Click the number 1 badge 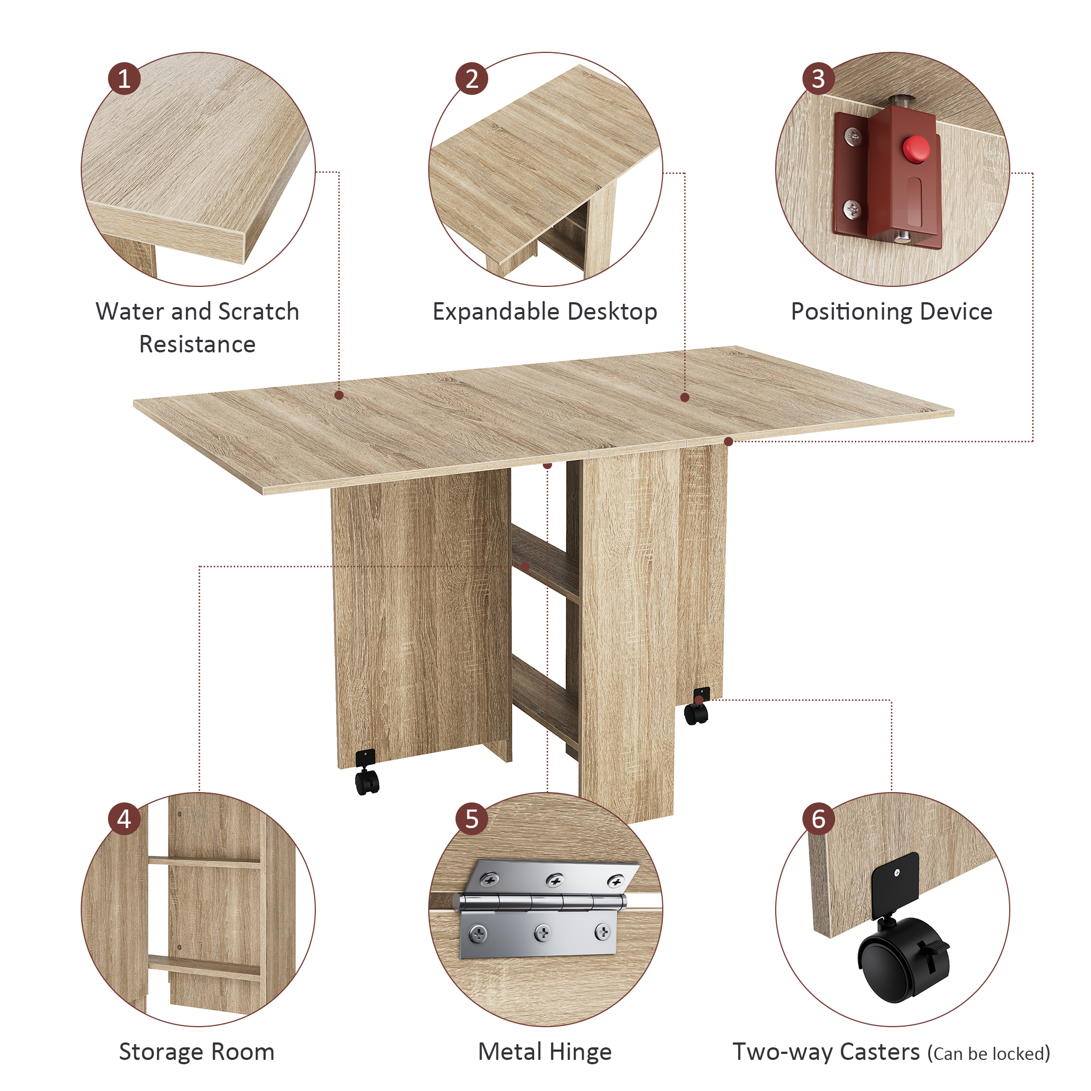[124, 79]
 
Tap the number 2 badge [471, 79]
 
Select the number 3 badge [818, 79]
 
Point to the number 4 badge [124, 819]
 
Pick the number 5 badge [471, 819]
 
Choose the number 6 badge [818, 819]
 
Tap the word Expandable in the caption [496, 312]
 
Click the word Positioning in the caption [851, 312]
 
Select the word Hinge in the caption [580, 1052]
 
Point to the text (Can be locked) [989, 1054]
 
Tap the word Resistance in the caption [197, 344]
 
